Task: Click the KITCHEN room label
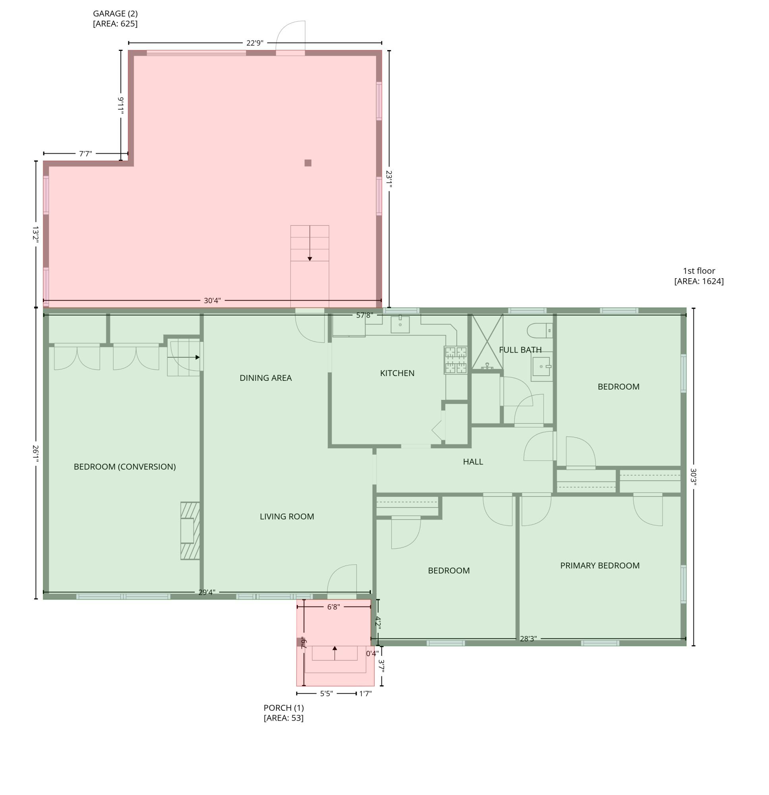coord(397,373)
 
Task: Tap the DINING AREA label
coord(265,378)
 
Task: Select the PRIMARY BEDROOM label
coord(599,565)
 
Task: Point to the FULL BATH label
coord(520,350)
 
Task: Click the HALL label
coord(473,461)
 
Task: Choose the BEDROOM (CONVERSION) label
coord(124,467)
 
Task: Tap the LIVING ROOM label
coord(287,516)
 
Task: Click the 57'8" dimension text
coord(364,315)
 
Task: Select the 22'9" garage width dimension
coord(255,43)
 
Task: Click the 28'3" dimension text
coord(528,639)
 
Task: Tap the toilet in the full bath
coord(539,331)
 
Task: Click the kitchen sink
coord(400,324)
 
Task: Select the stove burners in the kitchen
coord(456,360)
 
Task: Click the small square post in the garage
coord(308,163)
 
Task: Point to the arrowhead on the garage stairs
coord(310,259)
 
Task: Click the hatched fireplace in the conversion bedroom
coord(190,531)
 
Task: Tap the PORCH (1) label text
coord(283,708)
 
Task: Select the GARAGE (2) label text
coord(115,14)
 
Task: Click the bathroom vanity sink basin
coord(541,366)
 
